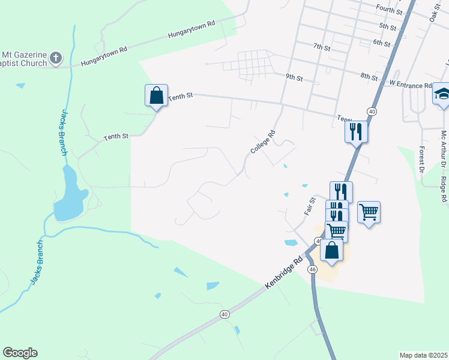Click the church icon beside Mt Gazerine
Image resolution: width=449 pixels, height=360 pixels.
(x=56, y=58)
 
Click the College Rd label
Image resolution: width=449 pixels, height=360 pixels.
(x=263, y=142)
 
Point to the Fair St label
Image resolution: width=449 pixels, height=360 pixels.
(x=310, y=208)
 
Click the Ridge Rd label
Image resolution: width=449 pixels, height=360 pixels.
(x=443, y=190)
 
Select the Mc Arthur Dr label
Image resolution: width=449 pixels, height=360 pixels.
(x=444, y=149)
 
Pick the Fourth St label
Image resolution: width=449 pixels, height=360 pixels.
(x=389, y=10)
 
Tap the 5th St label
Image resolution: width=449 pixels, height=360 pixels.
(x=388, y=27)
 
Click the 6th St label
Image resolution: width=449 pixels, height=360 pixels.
(x=381, y=43)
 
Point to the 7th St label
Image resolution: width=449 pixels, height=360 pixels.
(x=322, y=46)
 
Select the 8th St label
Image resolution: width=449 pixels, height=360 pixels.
(x=369, y=77)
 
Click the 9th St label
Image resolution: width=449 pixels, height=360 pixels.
(x=294, y=77)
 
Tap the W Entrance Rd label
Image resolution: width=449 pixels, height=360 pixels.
(x=411, y=85)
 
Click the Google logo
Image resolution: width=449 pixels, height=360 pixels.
(x=20, y=353)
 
